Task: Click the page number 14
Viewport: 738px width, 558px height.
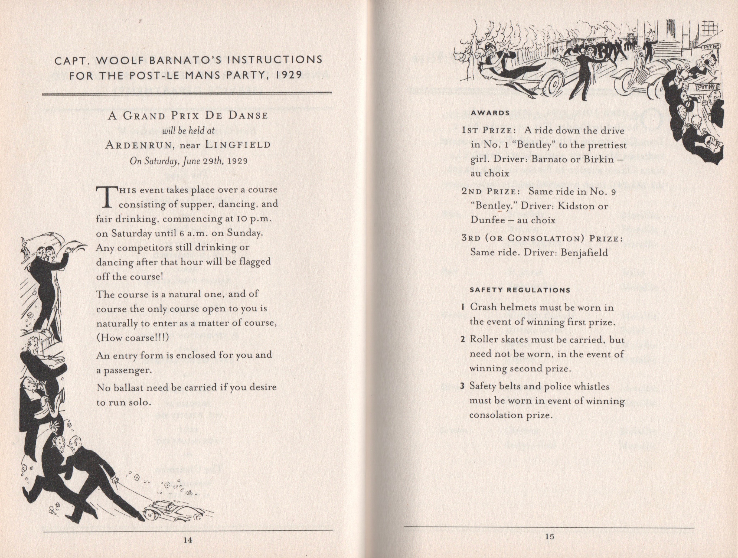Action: [x=188, y=540]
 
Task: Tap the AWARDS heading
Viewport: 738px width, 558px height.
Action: [x=491, y=113]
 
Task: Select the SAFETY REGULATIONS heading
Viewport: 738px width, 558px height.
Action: [x=520, y=290]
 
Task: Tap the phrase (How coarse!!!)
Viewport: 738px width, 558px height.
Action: [x=132, y=337]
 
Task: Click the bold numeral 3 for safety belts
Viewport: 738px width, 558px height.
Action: [x=462, y=386]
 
